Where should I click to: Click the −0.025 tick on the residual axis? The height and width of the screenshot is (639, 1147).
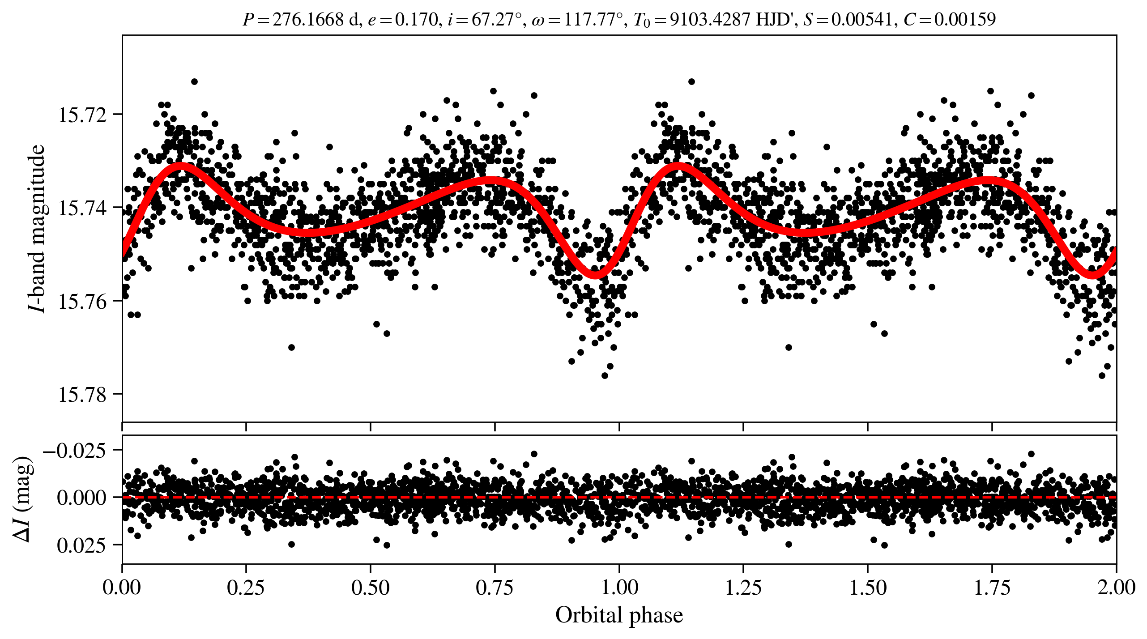pos(75,450)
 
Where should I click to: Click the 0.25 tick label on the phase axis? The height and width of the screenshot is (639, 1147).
pos(246,588)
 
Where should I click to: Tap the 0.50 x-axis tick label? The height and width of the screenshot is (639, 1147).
pos(370,588)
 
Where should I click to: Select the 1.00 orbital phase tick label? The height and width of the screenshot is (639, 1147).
pos(619,588)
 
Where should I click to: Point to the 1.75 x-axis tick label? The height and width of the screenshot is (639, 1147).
pos(992,588)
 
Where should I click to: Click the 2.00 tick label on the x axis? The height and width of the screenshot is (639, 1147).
pos(1116,588)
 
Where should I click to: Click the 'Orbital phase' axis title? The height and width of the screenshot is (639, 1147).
pos(619,615)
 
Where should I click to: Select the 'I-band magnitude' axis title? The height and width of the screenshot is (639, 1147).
pos(37,228)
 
